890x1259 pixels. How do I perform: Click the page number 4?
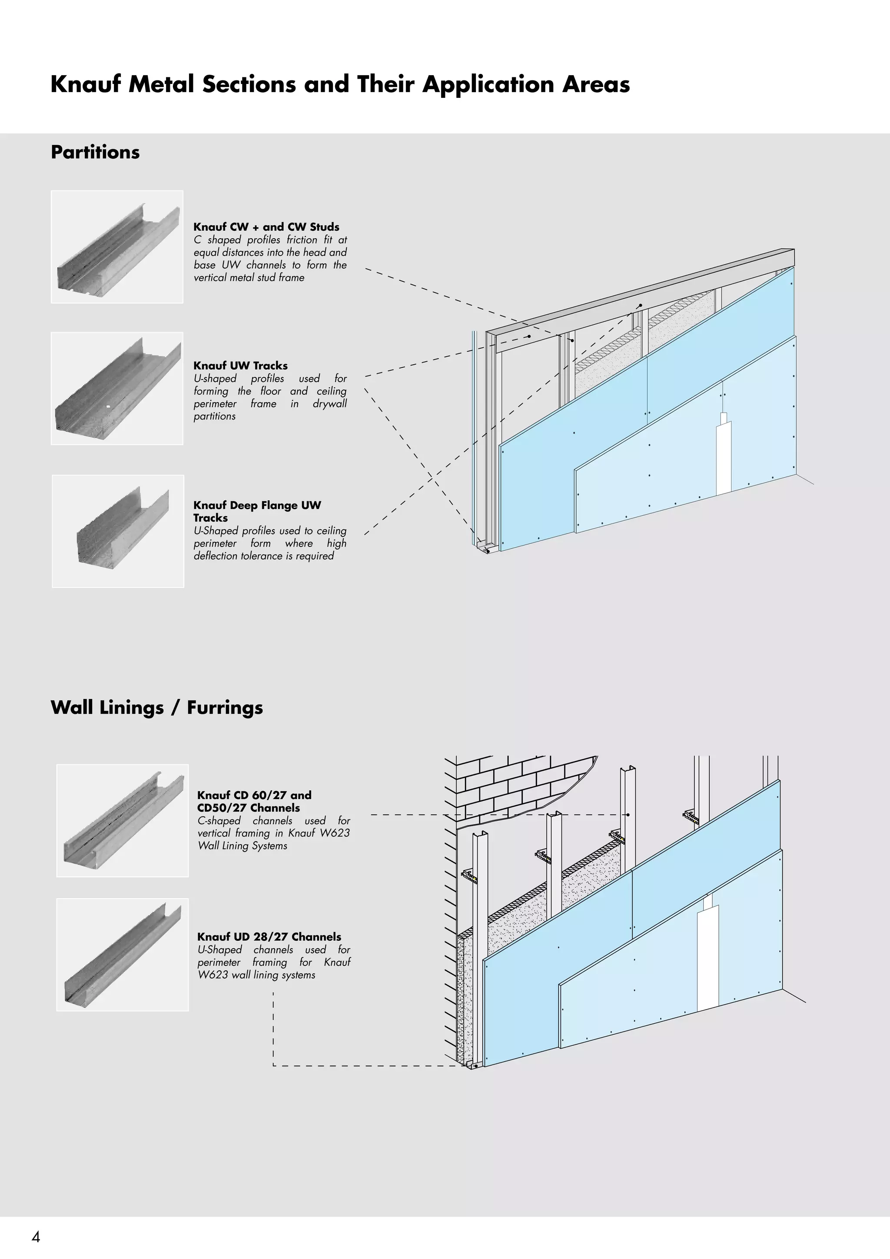tap(36, 1236)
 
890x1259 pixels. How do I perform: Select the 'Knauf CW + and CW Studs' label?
tap(266, 227)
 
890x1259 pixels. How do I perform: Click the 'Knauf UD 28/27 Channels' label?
tap(269, 936)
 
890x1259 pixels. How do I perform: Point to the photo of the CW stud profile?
tap(117, 247)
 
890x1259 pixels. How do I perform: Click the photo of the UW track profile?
tap(117, 388)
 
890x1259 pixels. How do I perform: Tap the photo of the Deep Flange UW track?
tap(118, 531)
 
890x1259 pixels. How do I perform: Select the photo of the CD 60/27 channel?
tap(122, 820)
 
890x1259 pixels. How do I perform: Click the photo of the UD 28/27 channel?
tap(122, 955)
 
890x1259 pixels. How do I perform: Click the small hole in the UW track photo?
tap(109, 407)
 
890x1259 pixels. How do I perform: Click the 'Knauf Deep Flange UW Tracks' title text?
tap(256, 511)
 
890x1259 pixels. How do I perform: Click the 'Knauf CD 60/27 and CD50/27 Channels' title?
tap(254, 801)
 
